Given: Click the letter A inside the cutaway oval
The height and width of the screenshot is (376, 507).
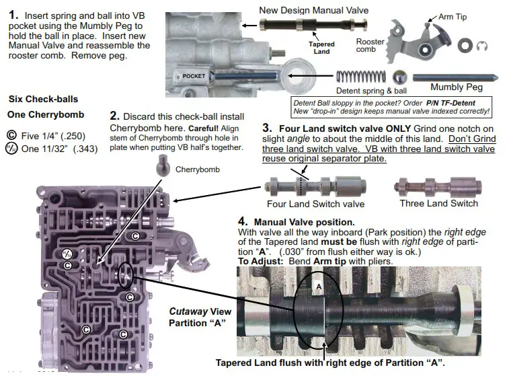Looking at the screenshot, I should click(x=319, y=285).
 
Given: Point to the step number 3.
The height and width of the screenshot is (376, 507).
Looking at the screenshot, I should click(x=267, y=127).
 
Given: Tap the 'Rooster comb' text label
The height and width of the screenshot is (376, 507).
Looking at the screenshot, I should click(x=370, y=46).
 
